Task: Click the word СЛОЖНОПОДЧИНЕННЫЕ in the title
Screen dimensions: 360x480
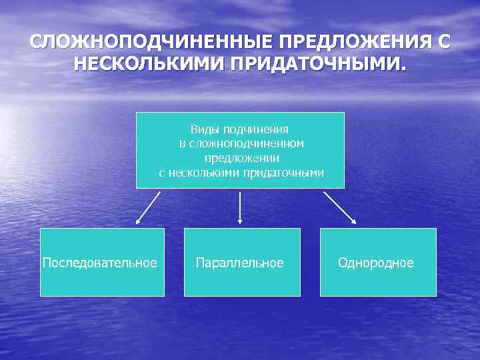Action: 152,43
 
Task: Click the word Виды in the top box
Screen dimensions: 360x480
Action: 204,129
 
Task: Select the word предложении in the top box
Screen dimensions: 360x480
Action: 241,158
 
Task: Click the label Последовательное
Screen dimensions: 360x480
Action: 100,263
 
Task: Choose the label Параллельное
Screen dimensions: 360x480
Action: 240,263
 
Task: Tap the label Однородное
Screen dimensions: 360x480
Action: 375,263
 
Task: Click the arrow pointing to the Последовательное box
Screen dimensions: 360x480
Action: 148,207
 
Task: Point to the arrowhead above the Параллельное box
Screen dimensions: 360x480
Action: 240,220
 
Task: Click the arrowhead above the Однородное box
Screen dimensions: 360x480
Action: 353,221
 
